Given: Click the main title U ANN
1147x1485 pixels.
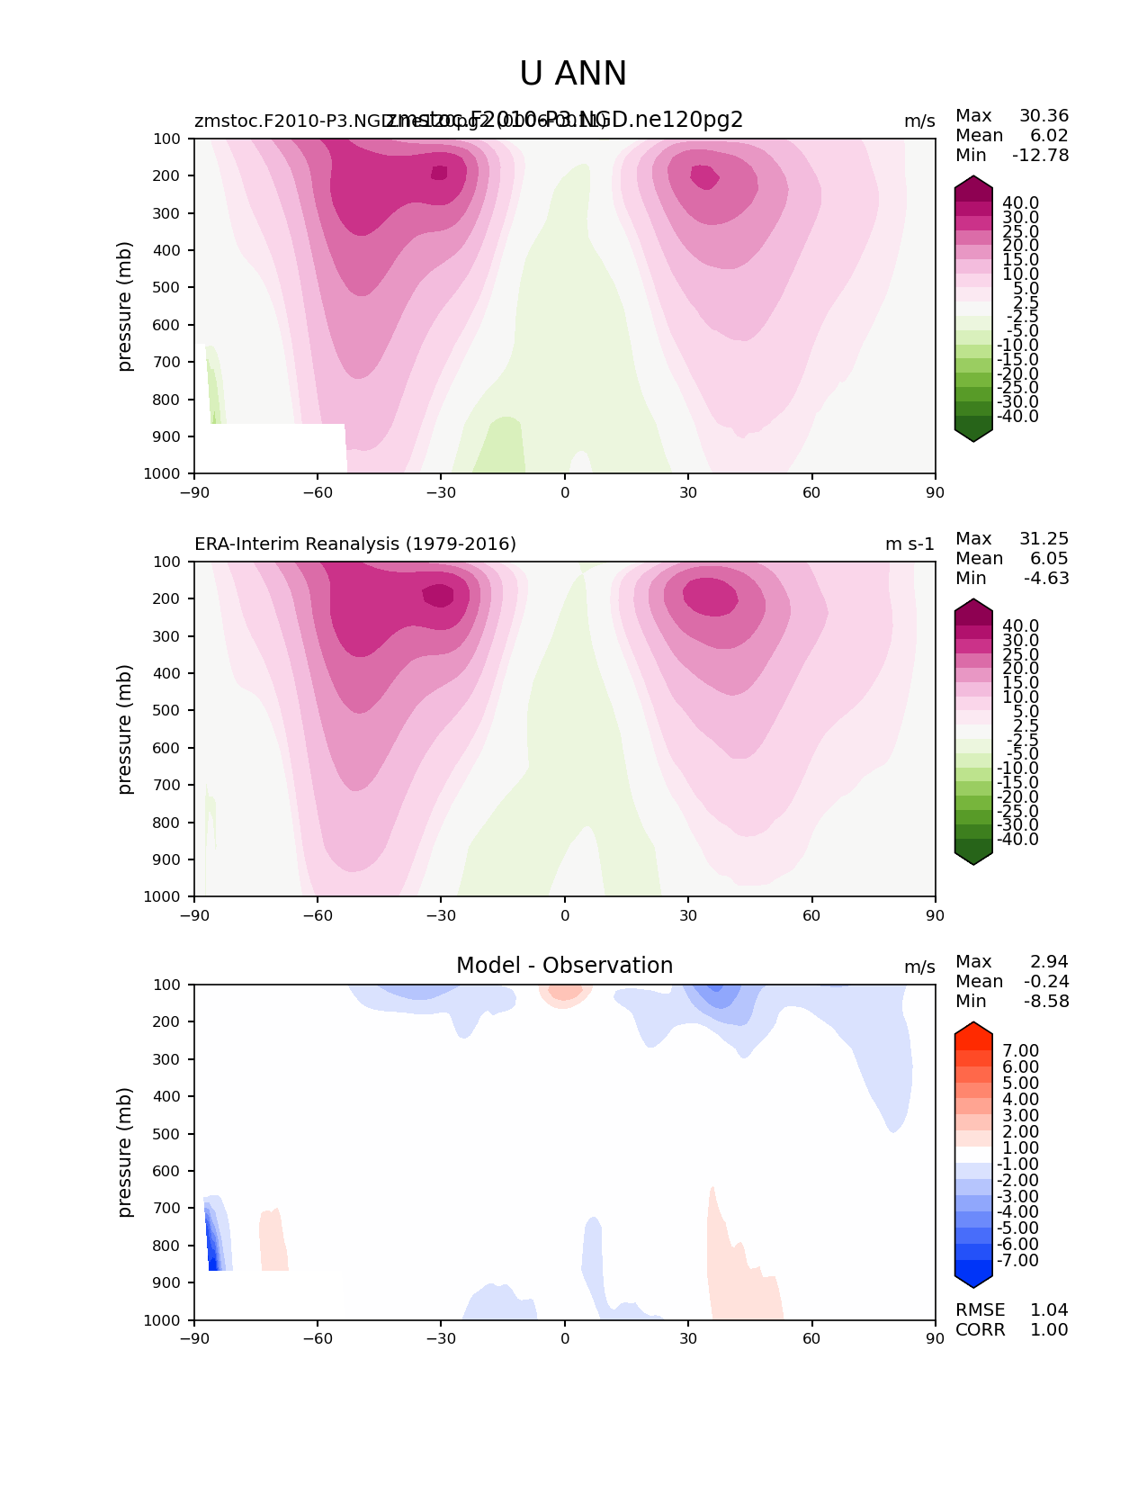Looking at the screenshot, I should point(573,74).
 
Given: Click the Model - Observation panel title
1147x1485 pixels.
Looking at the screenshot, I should point(564,966).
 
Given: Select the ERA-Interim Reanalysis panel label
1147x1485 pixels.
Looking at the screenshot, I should point(355,544).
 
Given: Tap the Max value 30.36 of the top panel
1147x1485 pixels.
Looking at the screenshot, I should point(1044,116).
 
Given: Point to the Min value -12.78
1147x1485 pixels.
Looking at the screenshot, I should point(1041,156).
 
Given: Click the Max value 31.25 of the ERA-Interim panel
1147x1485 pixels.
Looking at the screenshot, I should point(1044,539).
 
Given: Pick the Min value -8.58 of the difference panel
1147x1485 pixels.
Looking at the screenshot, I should point(1046,1002).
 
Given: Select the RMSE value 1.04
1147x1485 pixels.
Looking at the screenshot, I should point(1049,1310).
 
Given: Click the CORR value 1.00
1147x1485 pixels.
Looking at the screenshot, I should point(1049,1330).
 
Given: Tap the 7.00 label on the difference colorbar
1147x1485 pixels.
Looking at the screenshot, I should point(1020,1051).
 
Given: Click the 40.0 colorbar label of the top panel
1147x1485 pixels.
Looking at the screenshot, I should point(1020,203).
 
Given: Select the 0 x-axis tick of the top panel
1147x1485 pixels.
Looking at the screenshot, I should point(565,492).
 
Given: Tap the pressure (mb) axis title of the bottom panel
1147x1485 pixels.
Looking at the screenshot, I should point(125,1152).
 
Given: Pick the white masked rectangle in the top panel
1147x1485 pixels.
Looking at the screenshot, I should point(270,447).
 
